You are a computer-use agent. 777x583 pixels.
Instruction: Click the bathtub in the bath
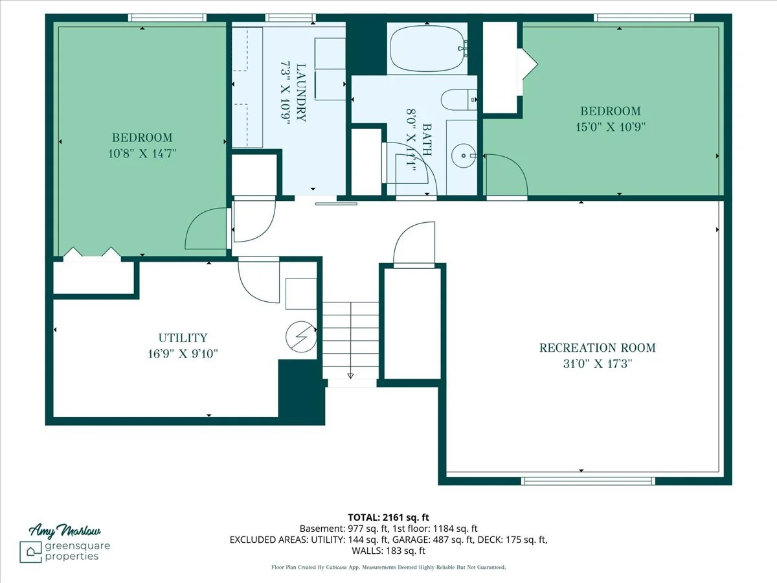427,49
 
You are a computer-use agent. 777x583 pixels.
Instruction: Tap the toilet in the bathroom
459,100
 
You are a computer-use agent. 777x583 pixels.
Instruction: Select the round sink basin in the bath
463,155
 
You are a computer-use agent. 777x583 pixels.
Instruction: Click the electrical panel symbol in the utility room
301,337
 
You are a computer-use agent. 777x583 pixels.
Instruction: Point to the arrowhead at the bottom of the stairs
350,376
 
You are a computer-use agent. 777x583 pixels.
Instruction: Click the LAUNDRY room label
300,93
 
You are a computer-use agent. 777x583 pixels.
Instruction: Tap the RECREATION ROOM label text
597,348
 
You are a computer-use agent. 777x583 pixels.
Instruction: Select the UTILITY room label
183,337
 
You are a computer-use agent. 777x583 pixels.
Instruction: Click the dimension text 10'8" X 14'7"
142,154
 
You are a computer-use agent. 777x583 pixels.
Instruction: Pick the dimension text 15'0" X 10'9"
611,127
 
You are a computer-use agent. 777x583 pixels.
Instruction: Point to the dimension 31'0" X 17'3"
598,363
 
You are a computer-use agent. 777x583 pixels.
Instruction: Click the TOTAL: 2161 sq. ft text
388,518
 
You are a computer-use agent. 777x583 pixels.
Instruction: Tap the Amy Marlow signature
64,531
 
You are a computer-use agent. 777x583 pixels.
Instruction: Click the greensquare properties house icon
30,552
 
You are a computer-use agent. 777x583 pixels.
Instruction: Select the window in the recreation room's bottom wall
588,481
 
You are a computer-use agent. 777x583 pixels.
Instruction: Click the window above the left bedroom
166,17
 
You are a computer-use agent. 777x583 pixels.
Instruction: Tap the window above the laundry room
290,17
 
